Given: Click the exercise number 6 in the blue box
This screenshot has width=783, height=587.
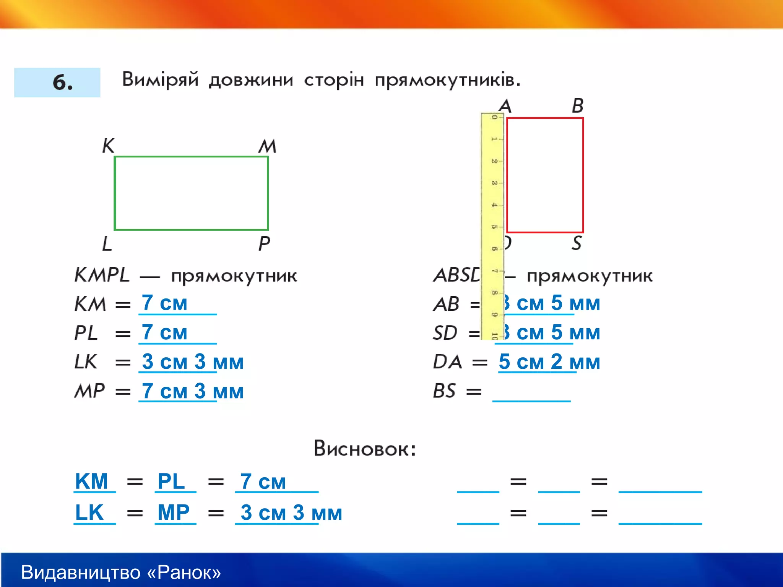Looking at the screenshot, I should pos(62,83).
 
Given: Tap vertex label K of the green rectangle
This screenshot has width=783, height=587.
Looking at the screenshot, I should pos(108,146).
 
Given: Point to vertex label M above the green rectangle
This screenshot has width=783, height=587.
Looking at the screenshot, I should pos(267,146).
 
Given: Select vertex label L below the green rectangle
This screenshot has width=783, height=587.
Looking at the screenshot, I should pos(107,243).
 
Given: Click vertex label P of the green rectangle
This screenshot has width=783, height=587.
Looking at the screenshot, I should pos(264,243).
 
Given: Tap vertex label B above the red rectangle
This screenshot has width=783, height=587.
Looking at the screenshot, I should pos(577,105).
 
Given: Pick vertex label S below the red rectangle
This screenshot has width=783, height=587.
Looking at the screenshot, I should pos(577,243).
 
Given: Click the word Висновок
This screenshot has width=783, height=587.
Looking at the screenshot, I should pos(364,448).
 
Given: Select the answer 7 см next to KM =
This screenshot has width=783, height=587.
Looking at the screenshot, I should pos(164,303).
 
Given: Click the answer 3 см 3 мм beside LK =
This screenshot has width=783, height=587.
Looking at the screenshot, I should pos(193,362).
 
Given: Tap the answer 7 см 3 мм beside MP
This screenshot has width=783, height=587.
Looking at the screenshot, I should pos(193,391).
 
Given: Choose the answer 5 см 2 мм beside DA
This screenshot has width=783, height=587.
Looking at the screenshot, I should pos(549,362).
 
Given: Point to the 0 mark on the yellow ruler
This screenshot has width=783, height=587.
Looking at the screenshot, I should pos(494,117).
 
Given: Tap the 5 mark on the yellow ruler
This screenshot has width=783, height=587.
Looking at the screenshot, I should pos(494,227).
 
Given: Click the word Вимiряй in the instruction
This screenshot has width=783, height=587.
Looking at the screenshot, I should pos(160,79).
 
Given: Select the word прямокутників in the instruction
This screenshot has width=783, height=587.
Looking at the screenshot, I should pos(447,80).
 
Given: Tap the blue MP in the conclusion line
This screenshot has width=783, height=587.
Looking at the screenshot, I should pos(174,512).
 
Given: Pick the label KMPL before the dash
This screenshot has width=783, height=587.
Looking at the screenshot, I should pos(102,275).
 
